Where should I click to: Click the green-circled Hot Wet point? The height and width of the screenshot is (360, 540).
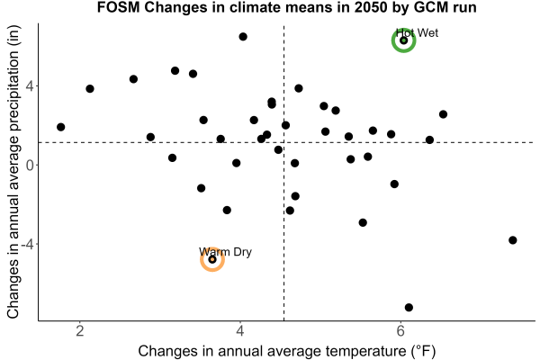(403, 40)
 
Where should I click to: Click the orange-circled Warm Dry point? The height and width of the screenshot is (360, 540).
(212, 259)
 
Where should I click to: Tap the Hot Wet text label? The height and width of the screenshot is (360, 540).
(417, 33)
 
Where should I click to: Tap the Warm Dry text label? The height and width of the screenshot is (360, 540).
(225, 252)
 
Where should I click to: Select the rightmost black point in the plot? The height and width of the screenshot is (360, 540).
(513, 240)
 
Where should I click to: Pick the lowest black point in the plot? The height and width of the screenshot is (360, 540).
(409, 307)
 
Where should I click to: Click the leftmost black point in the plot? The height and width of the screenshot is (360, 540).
(60, 127)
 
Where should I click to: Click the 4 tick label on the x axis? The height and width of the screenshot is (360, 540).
(240, 331)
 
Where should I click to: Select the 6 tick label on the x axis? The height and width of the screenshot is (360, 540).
(400, 331)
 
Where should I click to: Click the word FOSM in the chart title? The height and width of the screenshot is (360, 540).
(119, 7)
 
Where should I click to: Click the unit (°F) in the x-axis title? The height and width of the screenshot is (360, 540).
(423, 351)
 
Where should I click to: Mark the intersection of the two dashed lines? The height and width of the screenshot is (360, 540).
(283, 142)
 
